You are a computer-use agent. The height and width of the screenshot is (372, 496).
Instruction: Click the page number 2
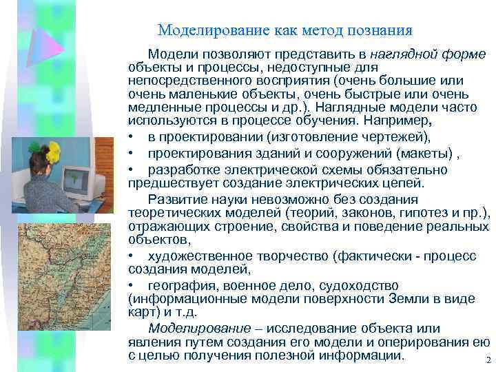487,360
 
